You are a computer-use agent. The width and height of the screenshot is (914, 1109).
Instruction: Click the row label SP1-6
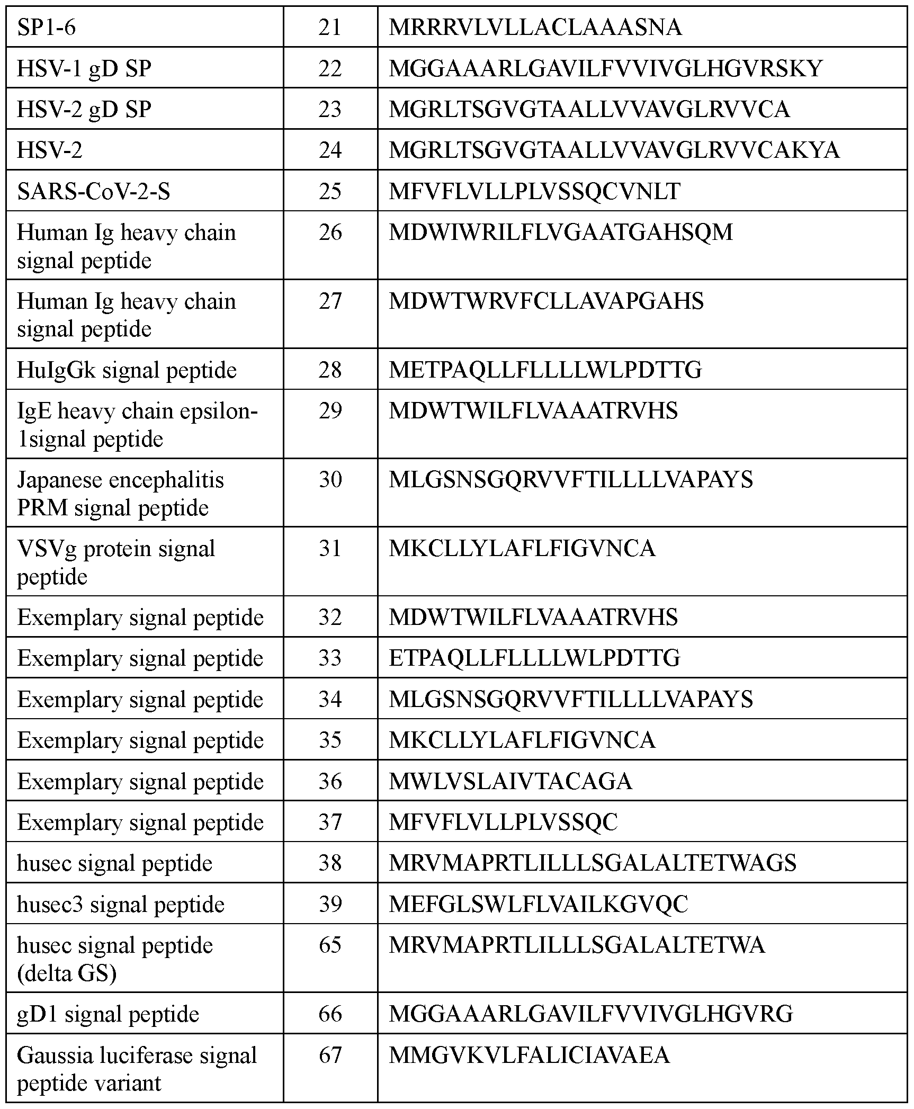tap(47, 28)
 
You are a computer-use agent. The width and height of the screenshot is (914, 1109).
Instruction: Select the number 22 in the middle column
tap(330, 68)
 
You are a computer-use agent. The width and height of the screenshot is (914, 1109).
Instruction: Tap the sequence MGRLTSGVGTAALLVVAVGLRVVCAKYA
tap(614, 150)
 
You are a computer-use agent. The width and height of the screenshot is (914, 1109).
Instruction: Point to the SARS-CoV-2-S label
tap(94, 191)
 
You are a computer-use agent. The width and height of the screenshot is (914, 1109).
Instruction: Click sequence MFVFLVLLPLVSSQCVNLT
tap(534, 191)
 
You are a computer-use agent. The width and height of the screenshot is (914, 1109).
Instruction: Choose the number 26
tap(330, 232)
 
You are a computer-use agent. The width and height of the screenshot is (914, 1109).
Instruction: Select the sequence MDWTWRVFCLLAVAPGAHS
tap(546, 301)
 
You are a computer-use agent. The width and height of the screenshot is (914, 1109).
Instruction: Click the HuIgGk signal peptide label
tap(127, 370)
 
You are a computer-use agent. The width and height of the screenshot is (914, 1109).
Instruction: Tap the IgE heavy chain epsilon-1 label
tap(137, 425)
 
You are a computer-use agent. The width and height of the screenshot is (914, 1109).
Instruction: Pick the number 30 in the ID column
tap(330, 480)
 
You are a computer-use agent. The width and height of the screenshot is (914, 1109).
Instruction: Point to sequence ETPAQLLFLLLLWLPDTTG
tap(534, 658)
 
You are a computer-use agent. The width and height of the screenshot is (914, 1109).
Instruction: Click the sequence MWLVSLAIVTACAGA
tap(510, 781)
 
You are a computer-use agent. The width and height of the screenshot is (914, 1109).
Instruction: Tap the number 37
tap(330, 822)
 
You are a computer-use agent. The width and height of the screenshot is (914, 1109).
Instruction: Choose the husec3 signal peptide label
tap(121, 904)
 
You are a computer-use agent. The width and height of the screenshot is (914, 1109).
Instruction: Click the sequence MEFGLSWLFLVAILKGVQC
tap(538, 904)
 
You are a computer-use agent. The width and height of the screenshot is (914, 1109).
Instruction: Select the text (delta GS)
tap(67, 973)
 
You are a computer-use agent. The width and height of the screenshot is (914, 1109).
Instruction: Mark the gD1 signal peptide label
tap(108, 1014)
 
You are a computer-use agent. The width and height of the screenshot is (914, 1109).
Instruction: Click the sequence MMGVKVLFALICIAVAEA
tap(529, 1055)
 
